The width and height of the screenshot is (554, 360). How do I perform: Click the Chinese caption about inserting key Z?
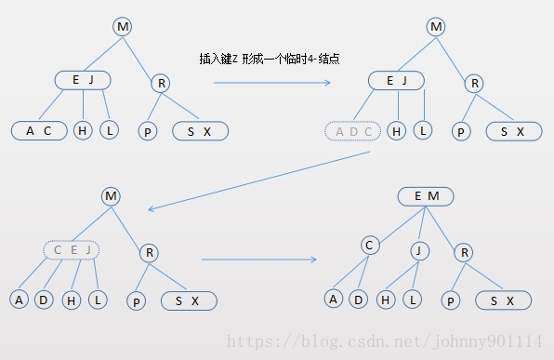coord(269,59)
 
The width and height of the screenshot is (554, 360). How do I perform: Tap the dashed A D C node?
coord(353,131)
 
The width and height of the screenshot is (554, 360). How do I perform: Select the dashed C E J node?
coord(72,249)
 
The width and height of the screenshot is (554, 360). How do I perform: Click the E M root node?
coord(426,196)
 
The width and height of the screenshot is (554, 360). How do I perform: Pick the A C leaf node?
coord(38,131)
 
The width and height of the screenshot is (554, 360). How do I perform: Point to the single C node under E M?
coord(370,246)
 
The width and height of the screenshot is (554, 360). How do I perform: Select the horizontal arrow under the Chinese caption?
coord(271,83)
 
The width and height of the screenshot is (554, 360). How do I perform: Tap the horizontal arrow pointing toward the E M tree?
coord(258,259)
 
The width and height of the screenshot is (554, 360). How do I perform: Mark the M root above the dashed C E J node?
coord(112,195)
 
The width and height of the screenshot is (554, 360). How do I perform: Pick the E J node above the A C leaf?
coord(84,80)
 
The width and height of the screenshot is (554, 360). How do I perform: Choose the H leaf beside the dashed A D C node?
coord(397,131)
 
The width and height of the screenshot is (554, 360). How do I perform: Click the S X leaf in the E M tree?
coord(503,300)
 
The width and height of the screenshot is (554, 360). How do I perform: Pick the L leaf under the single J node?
coord(413,300)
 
